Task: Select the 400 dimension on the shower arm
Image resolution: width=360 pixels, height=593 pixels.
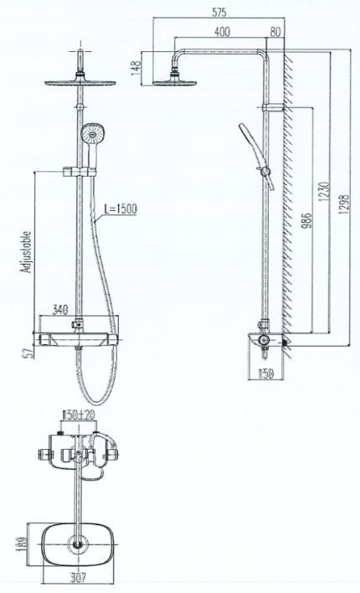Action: pyautogui.click(x=222, y=32)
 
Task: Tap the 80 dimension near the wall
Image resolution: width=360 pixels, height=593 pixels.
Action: pyautogui.click(x=275, y=32)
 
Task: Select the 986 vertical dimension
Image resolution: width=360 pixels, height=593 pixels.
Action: pyautogui.click(x=308, y=219)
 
